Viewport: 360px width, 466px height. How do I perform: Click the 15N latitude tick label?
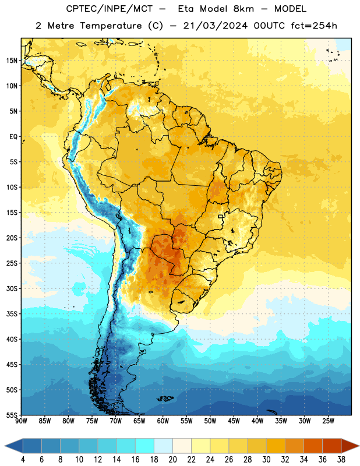[x=12, y=61]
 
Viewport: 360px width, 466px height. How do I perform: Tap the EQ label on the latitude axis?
[x=13, y=137]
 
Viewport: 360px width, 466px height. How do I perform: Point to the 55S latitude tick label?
[x=12, y=415]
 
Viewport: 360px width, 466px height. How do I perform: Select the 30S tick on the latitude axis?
[x=12, y=288]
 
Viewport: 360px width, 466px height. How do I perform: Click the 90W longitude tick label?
[x=21, y=421]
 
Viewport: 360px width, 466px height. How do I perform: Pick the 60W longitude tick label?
[x=163, y=421]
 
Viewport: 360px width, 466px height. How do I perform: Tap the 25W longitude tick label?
[x=328, y=421]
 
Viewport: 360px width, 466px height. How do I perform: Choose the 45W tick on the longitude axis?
[x=234, y=421]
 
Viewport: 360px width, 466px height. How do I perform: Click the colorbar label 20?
[x=172, y=460]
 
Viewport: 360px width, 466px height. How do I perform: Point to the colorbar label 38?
[x=341, y=460]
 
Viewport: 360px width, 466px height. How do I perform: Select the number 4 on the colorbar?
[x=23, y=460]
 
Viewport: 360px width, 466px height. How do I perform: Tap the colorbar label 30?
[x=266, y=460]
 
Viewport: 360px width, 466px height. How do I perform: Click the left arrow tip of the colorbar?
[x=5, y=446]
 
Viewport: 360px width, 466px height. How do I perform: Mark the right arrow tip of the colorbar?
[x=359, y=446]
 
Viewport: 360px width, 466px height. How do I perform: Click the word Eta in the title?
[x=186, y=9]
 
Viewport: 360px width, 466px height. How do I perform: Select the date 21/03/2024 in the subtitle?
[x=215, y=26]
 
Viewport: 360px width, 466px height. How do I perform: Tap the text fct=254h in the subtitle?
[x=314, y=26]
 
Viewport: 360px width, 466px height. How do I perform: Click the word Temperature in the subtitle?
[x=111, y=26]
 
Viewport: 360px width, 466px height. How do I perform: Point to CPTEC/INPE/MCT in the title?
[x=110, y=9]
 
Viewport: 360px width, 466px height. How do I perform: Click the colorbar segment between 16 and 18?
[x=145, y=446]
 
